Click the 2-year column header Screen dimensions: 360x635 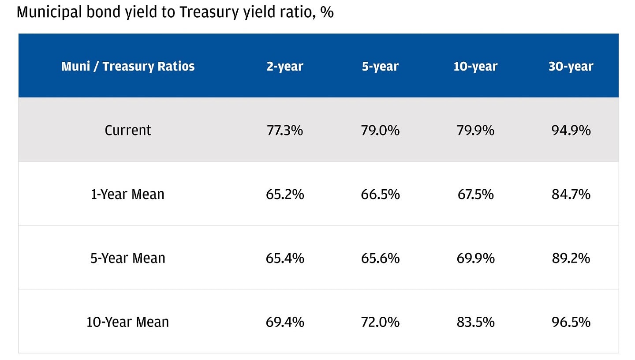285,66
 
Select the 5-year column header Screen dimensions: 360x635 380,66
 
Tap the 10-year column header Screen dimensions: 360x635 475,66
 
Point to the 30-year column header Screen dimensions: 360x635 571,66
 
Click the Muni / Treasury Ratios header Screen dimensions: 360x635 128,66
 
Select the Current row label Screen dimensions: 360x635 128,130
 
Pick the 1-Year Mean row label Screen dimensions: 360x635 128,194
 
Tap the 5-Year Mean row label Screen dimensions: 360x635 128,258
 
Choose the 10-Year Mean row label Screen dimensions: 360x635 128,322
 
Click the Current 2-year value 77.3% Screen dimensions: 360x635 285,130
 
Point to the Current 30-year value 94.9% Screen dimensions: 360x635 571,130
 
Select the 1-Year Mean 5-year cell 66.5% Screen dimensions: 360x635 380,194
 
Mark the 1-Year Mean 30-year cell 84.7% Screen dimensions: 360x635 571,194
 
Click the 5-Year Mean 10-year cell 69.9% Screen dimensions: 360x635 475,258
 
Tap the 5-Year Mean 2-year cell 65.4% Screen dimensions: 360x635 285,258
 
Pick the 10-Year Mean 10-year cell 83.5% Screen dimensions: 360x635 475,322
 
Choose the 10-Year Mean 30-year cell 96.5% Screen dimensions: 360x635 571,322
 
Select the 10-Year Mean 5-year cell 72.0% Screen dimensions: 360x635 380,322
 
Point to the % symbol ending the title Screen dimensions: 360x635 327,12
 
